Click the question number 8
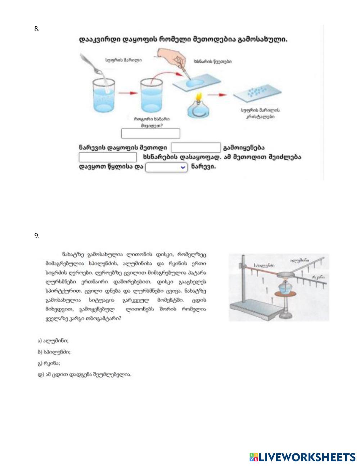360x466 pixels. pos(37,29)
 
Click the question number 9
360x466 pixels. pos(37,236)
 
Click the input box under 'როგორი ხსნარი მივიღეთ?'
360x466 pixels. pos(150,134)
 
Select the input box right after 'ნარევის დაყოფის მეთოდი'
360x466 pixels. pos(195,148)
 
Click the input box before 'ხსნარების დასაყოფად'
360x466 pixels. pos(108,157)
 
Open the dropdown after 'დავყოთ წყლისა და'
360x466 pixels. pos(166,167)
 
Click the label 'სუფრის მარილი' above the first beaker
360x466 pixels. pos(118,60)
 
